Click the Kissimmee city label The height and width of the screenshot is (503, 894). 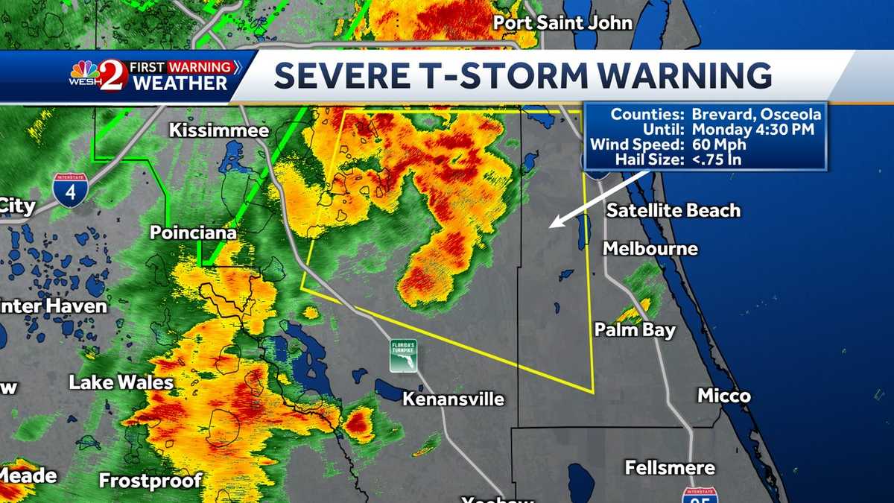pyautogui.click(x=218, y=130)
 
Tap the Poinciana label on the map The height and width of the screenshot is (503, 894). pyautogui.click(x=193, y=232)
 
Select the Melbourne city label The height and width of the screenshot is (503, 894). pyautogui.click(x=650, y=248)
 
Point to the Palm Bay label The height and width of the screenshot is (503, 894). pyautogui.click(x=635, y=329)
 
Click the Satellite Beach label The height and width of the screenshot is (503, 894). pyautogui.click(x=673, y=210)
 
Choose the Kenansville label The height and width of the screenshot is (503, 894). pyautogui.click(x=453, y=399)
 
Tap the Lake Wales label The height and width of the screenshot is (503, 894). pyautogui.click(x=121, y=383)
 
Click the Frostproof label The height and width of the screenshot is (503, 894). pyautogui.click(x=150, y=480)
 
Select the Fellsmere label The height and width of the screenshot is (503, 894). pyautogui.click(x=670, y=468)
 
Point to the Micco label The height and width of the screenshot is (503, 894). pyautogui.click(x=723, y=396)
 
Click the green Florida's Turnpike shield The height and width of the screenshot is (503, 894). pyautogui.click(x=403, y=355)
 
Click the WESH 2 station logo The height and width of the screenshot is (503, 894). pyautogui.click(x=98, y=75)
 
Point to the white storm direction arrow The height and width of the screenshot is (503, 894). pyautogui.click(x=596, y=199)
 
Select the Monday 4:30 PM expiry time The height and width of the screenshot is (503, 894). pyautogui.click(x=753, y=129)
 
